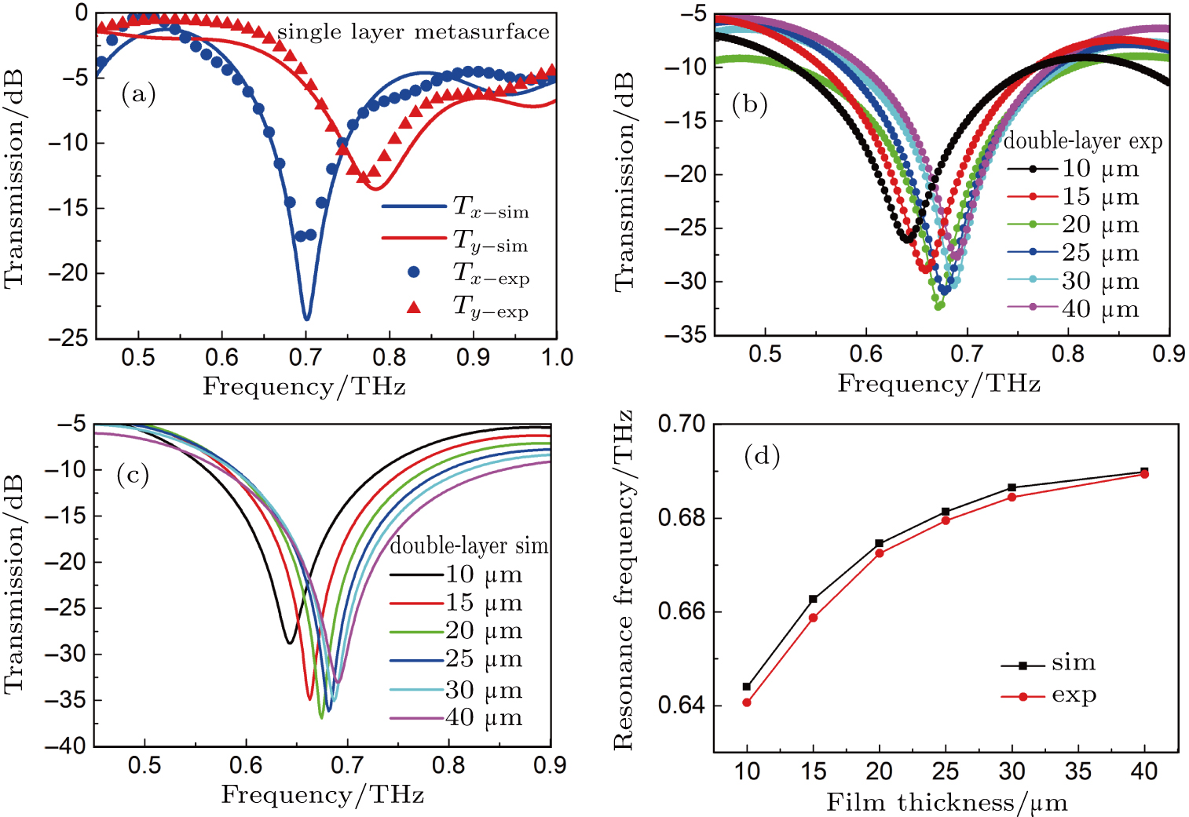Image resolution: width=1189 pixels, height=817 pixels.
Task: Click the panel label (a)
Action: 138,95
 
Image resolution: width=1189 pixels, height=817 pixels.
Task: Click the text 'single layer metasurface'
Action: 413,32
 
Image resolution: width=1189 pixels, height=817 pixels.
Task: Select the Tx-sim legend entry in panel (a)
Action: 455,207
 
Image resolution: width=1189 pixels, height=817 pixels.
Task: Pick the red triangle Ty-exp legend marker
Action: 414,307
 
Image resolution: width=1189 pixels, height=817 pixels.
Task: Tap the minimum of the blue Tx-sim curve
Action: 306,318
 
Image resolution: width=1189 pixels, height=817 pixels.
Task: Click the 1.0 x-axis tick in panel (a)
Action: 556,358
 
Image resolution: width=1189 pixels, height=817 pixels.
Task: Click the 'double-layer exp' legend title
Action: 1082,141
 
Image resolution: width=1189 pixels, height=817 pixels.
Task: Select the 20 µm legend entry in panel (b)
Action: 1073,224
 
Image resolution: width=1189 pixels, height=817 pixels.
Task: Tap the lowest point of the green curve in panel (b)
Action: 938,306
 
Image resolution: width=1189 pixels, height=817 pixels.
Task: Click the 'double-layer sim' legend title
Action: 469,546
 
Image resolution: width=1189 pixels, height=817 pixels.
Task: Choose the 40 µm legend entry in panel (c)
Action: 456,717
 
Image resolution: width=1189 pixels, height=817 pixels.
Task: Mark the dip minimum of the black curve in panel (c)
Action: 290,644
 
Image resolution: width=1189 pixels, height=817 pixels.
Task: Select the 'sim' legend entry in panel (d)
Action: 1048,664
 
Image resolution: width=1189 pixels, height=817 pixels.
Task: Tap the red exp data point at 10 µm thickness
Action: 747,702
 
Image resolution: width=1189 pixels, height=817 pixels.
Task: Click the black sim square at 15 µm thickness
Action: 813,600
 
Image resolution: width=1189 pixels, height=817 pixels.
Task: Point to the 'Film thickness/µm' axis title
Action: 946,802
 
